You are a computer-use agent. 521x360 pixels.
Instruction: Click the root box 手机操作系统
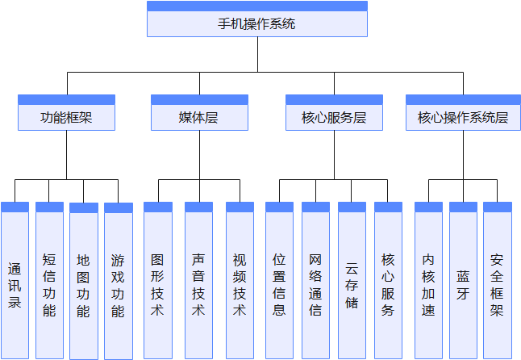pos(256,23)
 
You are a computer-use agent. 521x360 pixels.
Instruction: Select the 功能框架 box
pos(66,117)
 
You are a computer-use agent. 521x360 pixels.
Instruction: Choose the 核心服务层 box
pos(334,117)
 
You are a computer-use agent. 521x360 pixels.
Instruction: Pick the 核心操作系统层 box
pos(463,117)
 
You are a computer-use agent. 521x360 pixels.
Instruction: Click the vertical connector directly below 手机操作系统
pos(257,55)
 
